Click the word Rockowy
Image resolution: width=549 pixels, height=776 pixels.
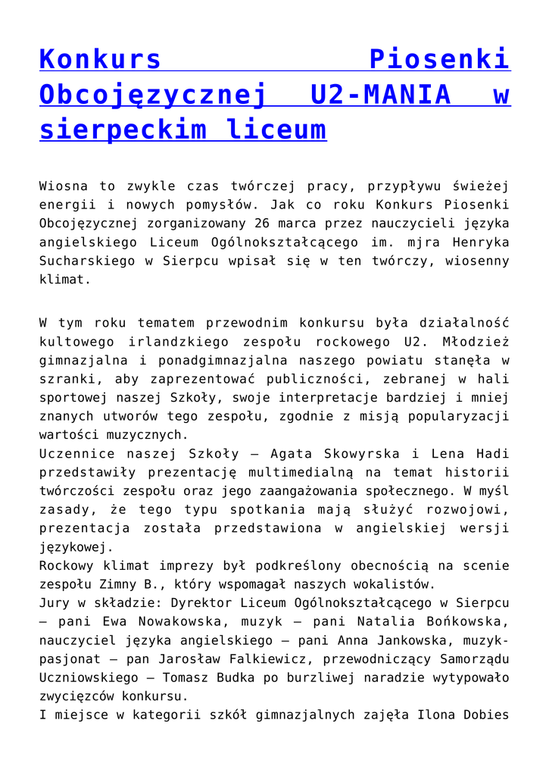pyautogui.click(x=70, y=566)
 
